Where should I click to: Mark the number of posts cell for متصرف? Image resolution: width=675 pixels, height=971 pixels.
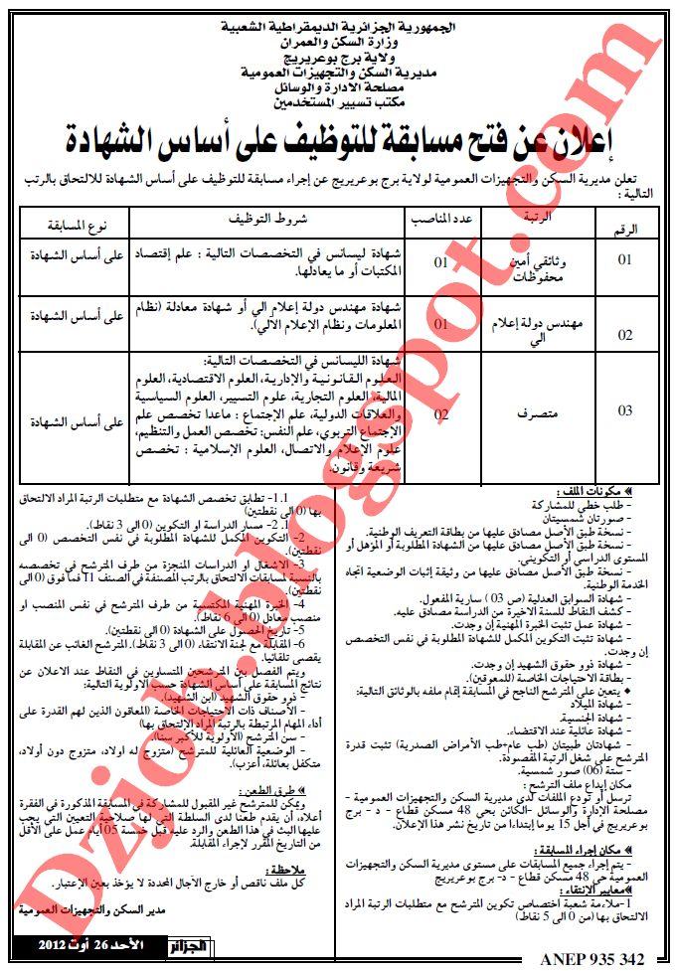pyautogui.click(x=439, y=413)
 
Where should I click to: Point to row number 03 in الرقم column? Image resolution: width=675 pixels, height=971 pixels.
pyautogui.click(x=625, y=409)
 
